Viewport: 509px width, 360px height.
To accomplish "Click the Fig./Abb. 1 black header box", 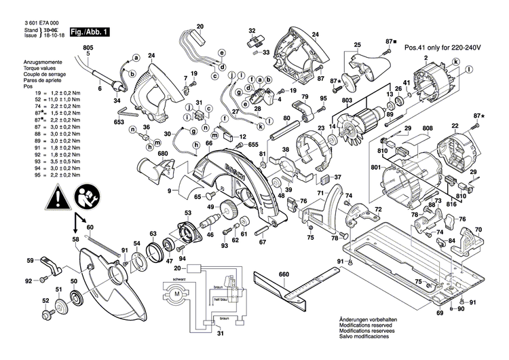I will click(x=89, y=32).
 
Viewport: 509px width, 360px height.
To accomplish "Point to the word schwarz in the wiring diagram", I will click(x=178, y=280).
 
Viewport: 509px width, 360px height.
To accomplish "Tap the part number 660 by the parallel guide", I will click(x=284, y=275).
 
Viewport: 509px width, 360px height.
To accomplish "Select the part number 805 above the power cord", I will click(x=88, y=48).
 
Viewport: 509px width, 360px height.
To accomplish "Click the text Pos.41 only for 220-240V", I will click(x=442, y=48).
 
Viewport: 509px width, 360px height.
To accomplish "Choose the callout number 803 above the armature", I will click(x=347, y=101).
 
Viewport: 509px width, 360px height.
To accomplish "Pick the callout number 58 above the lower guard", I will click(x=76, y=240).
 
